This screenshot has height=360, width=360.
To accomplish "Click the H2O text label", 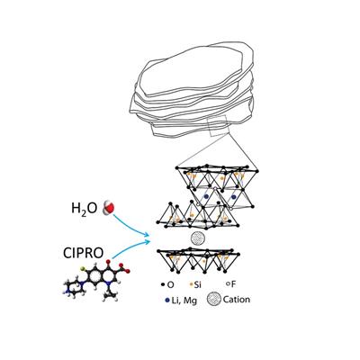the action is pyautogui.click(x=84, y=208).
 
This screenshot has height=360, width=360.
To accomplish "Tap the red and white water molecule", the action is pyautogui.click(x=109, y=208).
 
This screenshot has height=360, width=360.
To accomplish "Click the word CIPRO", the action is pyautogui.click(x=83, y=253).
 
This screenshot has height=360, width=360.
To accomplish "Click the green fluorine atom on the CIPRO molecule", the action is pyautogui.click(x=82, y=267).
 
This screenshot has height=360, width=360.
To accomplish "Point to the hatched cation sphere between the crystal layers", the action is pyautogui.click(x=198, y=239).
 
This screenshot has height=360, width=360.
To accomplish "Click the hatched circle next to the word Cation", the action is pyautogui.click(x=214, y=300).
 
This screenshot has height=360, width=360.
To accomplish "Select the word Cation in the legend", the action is pyautogui.click(x=237, y=300).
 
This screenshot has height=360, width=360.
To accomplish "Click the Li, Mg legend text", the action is pyautogui.click(x=184, y=301).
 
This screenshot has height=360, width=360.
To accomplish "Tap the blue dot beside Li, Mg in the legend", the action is pyautogui.click(x=167, y=300).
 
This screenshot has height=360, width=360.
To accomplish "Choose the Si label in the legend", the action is pyautogui.click(x=197, y=284).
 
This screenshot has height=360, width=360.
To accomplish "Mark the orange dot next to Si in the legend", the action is pyautogui.click(x=191, y=284).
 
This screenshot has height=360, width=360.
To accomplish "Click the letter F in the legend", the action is pyautogui.click(x=233, y=284).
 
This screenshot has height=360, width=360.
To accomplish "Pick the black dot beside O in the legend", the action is pyautogui.click(x=163, y=284).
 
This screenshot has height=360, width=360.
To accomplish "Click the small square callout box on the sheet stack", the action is pyautogui.click(x=219, y=126).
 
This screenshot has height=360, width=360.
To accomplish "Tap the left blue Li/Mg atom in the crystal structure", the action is pyautogui.click(x=206, y=196).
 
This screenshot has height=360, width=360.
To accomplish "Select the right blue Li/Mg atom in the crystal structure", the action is pyautogui.click(x=234, y=196).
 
